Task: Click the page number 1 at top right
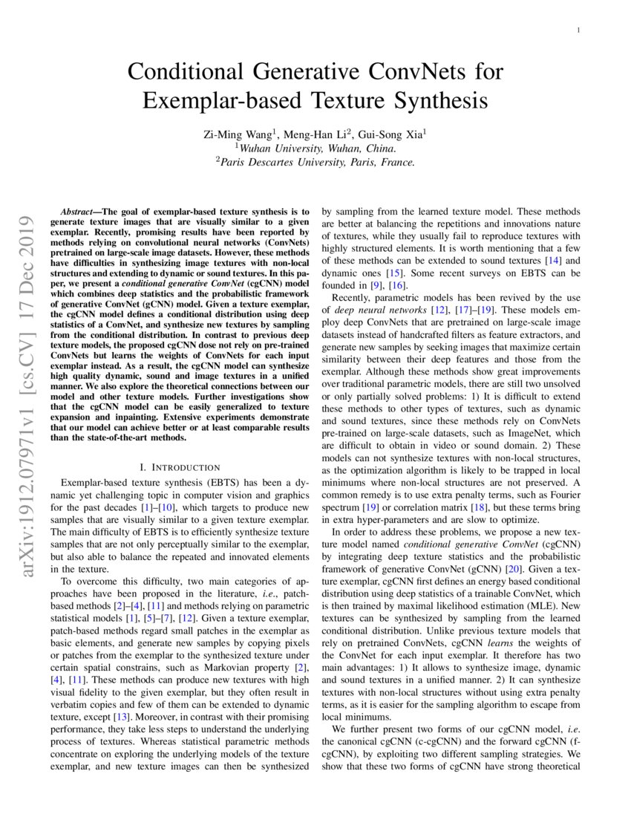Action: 578,30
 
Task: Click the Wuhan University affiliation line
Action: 315,148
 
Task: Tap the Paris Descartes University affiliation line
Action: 315,162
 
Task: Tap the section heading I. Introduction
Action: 180,467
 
